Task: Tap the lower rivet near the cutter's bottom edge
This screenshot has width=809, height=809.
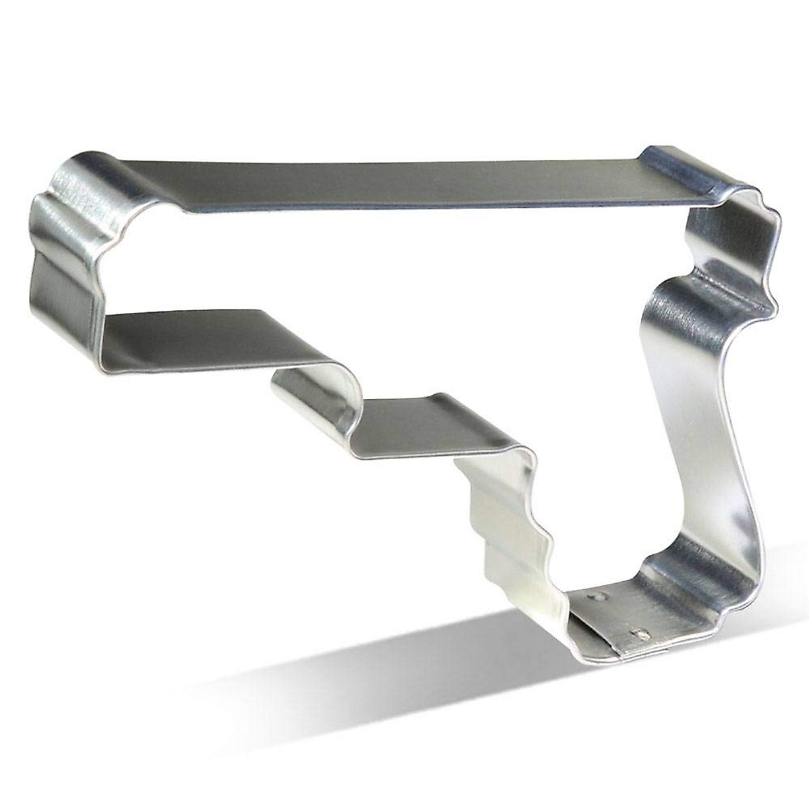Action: click(640, 634)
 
